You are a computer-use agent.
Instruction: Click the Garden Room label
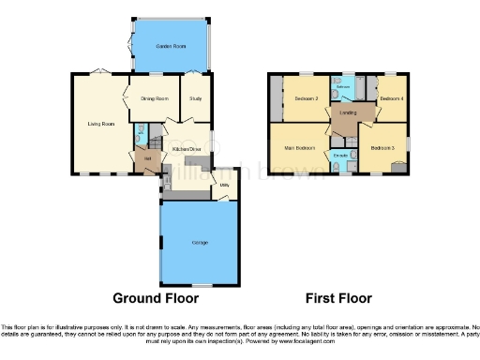pos(171,46)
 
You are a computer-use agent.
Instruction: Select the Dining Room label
pos(155,98)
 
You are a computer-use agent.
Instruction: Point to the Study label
pos(196,98)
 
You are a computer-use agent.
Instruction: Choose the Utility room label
pos(225,186)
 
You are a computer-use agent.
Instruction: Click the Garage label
pos(200,243)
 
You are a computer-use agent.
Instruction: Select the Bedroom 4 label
pos(392,98)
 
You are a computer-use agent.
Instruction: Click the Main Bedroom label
pos(299,147)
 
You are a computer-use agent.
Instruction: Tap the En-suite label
pos(341,155)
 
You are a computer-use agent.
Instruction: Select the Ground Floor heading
pos(156,298)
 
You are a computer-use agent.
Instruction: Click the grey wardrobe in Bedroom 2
pos(275,98)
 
